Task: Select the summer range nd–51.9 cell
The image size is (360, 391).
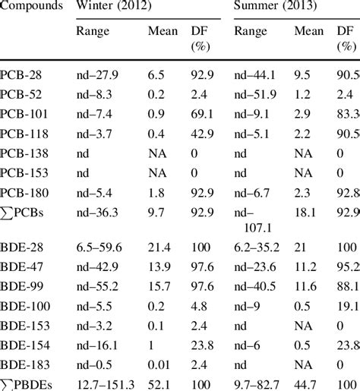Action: [x=257, y=95]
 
